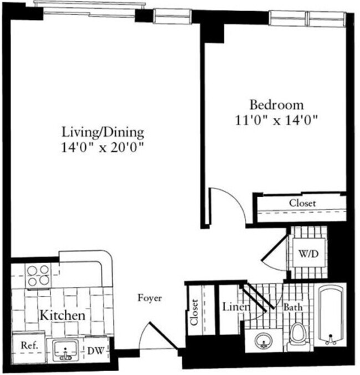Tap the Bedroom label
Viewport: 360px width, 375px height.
pyautogui.click(x=276, y=104)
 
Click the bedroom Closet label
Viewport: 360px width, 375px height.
pyautogui.click(x=302, y=203)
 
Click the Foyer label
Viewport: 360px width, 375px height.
pyautogui.click(x=150, y=299)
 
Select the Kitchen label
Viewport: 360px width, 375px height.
pyautogui.click(x=61, y=316)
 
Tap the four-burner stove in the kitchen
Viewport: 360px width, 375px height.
pyautogui.click(x=37, y=275)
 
